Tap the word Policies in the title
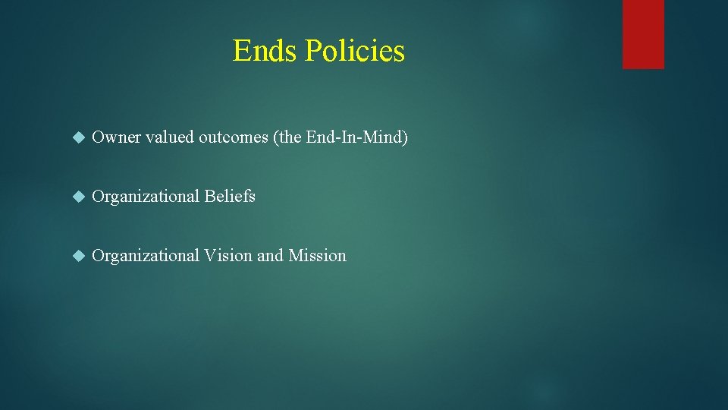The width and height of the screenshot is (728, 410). (354, 51)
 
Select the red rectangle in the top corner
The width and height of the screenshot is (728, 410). (643, 34)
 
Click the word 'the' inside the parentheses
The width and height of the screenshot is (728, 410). (291, 137)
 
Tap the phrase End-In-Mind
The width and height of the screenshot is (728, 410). (354, 137)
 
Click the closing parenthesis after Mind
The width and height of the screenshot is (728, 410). (405, 137)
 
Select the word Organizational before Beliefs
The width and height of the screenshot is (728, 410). (146, 197)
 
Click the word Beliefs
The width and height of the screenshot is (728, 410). (230, 197)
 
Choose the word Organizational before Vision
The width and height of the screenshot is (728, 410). (146, 256)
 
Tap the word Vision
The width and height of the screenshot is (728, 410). (228, 256)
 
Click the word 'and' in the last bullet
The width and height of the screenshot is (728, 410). (270, 256)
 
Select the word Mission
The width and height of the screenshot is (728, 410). (317, 256)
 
